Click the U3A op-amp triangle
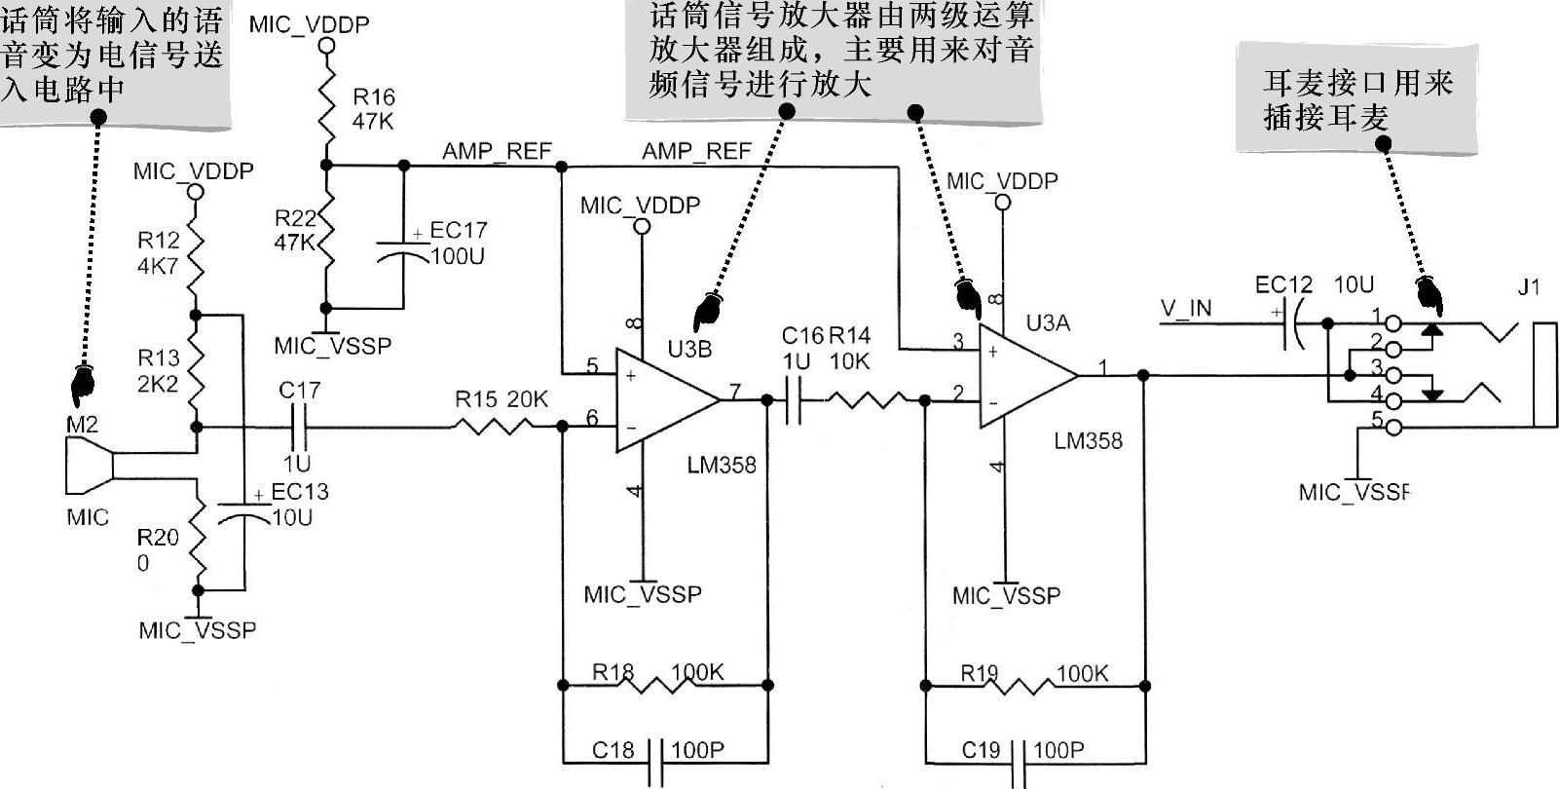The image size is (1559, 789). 1024,375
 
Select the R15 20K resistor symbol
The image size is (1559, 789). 493,426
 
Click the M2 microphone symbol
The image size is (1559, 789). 90,467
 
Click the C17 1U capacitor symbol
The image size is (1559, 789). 298,427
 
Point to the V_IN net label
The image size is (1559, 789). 1186,309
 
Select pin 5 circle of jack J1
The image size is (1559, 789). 1392,426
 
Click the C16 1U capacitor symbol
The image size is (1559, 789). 793,399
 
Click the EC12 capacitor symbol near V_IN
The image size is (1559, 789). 1296,322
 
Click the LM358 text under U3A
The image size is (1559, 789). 1088,441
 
